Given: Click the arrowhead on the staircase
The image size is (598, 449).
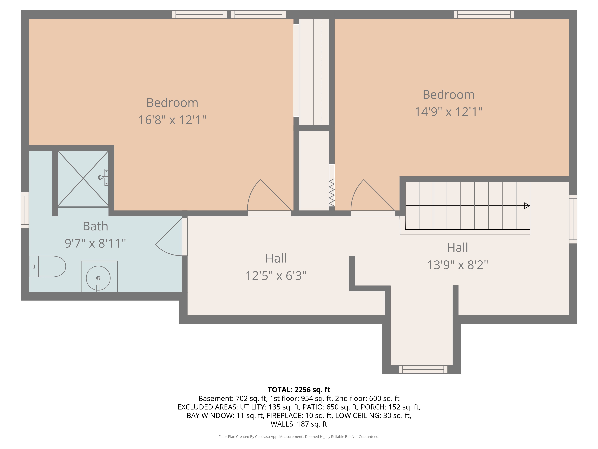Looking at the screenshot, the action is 527,206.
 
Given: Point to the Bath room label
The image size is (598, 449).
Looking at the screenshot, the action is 95,226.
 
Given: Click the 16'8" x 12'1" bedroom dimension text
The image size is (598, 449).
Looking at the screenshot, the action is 172,120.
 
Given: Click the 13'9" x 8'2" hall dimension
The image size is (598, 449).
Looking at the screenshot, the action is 457,265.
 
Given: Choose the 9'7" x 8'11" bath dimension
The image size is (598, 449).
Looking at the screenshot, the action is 95,243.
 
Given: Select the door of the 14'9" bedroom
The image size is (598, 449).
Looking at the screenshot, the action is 373,198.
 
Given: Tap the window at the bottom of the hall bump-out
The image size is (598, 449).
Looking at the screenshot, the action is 423,369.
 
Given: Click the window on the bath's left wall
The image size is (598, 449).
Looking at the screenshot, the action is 25,210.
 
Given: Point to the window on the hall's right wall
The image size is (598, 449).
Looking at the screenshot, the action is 573,219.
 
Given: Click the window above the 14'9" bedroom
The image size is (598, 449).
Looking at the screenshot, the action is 484,15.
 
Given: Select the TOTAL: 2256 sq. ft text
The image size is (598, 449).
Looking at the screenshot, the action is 299,390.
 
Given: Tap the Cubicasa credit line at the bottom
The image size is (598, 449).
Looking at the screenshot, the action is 299,437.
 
